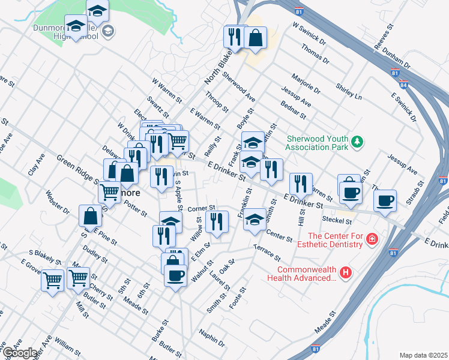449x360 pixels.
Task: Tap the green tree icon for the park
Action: coord(358,142)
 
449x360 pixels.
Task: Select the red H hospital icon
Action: coord(345,273)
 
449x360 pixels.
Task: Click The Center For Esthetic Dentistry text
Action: coord(336,239)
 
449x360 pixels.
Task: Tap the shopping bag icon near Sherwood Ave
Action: coord(255,37)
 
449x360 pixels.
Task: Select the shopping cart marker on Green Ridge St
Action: coord(109,192)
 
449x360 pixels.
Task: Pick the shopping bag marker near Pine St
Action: coord(90,215)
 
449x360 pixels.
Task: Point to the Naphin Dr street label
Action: coord(212,340)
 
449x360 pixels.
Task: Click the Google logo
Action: coord(19,353)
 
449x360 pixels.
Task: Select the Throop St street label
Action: coord(217,102)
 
